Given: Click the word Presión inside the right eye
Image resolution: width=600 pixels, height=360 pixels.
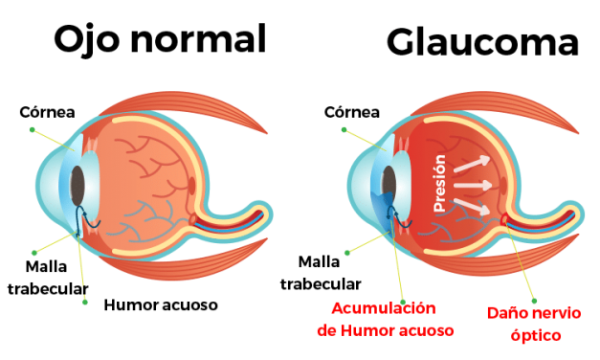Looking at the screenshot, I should pos(439,183).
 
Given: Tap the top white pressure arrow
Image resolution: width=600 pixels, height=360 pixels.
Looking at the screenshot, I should pos(473,164).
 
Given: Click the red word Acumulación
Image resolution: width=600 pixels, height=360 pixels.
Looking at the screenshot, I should pos(383,308).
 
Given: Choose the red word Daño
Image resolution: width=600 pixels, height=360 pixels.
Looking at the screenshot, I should pos(504,313).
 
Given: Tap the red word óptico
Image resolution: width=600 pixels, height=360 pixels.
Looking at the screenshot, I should pos(535,335).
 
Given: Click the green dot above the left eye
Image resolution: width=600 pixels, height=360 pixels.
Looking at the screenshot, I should pos(32,128).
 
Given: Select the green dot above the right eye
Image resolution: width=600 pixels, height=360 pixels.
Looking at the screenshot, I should pos(343,128).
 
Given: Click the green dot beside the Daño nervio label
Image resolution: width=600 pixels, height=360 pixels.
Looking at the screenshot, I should pos(534,300).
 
